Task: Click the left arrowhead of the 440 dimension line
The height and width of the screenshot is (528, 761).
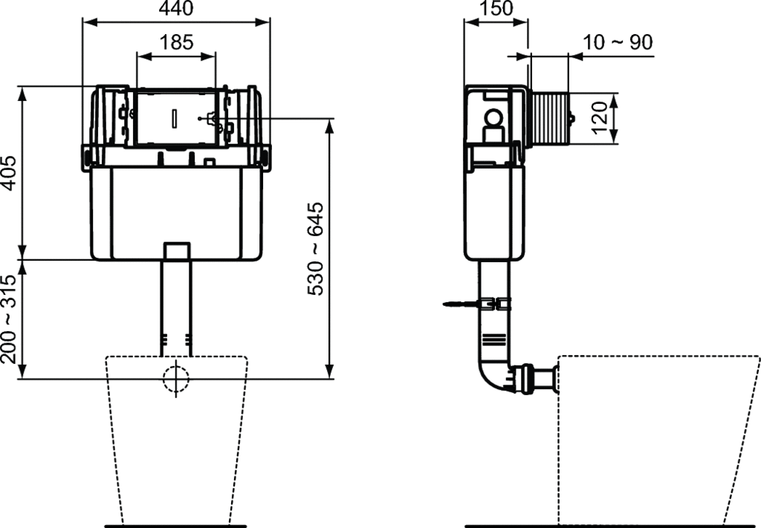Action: [89, 22]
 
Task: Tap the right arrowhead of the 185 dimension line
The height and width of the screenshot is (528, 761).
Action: [209, 56]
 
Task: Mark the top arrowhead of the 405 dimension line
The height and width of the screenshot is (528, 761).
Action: [22, 93]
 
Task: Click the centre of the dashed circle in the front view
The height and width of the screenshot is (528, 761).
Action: [176, 379]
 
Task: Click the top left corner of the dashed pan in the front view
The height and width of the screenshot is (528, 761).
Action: [106, 357]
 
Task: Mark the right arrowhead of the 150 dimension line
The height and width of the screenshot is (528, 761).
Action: [520, 22]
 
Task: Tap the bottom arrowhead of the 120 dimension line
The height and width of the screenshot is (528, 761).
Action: [614, 137]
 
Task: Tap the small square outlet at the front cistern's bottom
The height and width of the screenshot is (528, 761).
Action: [176, 251]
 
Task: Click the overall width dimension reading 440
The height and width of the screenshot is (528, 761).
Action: [176, 8]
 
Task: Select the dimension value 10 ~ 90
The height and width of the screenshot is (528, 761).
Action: [618, 42]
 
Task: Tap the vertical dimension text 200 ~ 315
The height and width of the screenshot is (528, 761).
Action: [9, 319]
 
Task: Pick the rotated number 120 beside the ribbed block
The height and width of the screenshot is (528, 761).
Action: [600, 117]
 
